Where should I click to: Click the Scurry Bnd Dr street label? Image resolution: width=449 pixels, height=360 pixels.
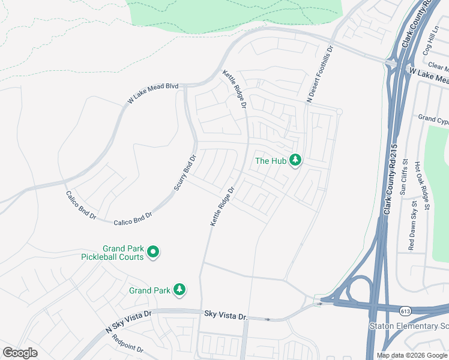pos(185,173)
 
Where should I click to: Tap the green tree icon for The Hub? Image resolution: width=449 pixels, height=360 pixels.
pos(295,160)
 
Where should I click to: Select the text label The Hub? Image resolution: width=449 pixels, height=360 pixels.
pos(270,161)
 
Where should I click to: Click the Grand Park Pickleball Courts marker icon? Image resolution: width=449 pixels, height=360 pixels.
pos(153,253)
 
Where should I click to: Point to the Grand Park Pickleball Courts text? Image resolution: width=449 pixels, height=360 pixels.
pos(113,253)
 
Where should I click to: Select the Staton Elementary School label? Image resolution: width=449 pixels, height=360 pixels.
pos(408,326)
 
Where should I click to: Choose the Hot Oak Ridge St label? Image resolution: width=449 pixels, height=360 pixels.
pos(427,192)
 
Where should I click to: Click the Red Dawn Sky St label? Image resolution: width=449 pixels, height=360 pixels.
pos(412,226)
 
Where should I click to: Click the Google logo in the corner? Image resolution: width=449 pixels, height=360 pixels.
pos(20,353)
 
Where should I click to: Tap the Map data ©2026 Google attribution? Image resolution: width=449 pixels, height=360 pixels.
pos(412,355)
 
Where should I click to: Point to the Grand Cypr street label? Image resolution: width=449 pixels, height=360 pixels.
pos(433,119)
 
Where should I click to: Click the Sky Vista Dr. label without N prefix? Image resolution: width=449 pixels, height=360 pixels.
pos(226,314)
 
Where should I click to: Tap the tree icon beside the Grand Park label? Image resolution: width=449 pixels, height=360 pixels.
pos(179,290)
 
